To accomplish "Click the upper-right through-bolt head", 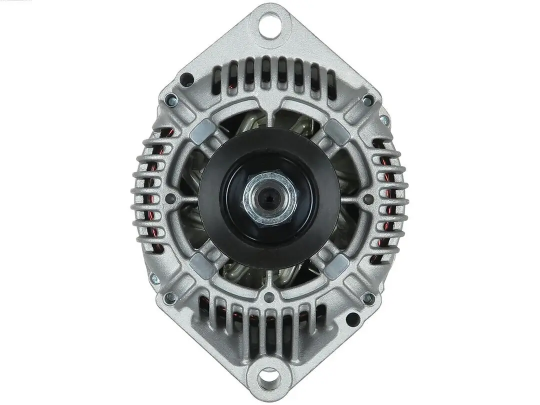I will (x=368, y=99).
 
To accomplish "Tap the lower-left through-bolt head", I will (x=170, y=298).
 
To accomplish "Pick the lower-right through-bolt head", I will (x=368, y=298).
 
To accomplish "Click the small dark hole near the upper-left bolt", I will (x=186, y=79).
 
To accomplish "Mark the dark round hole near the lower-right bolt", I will (x=353, y=319).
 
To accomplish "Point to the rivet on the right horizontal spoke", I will (x=368, y=199).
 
